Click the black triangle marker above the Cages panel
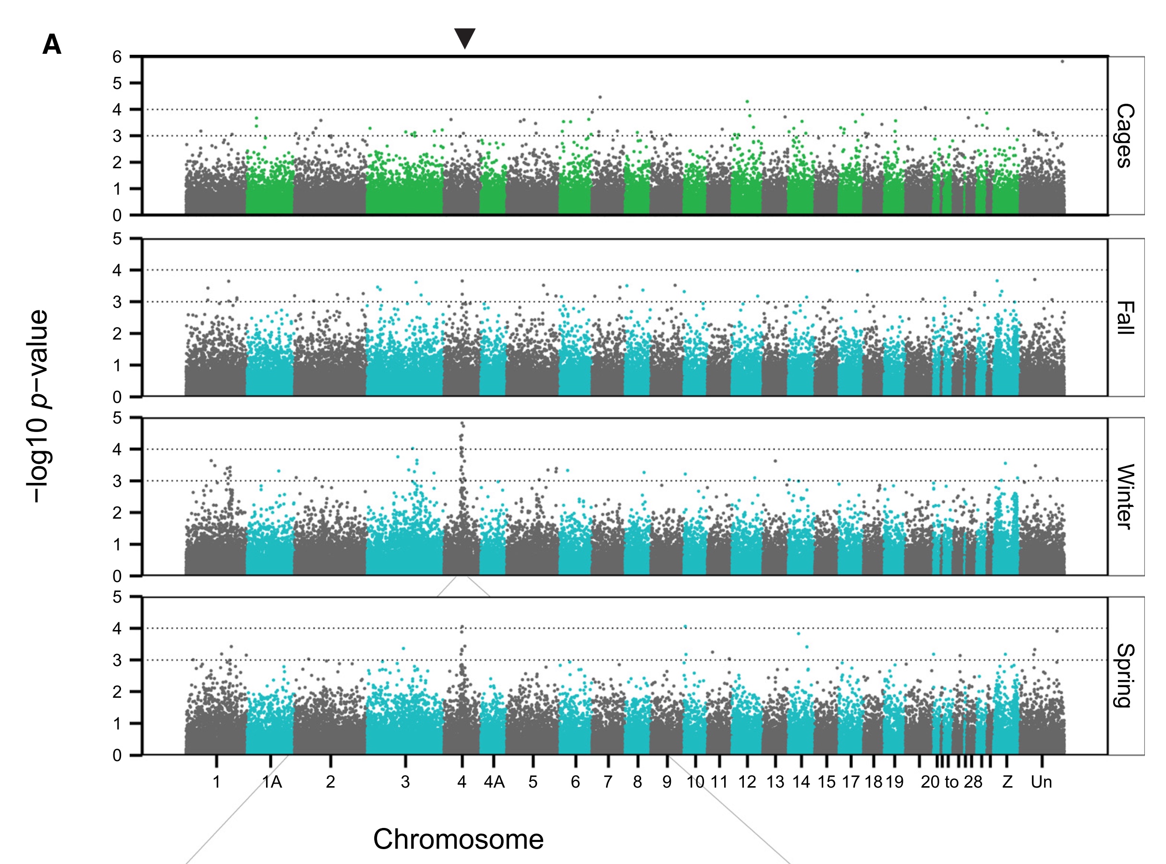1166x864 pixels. click(464, 38)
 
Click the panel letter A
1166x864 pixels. click(52, 45)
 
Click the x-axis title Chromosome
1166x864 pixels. click(458, 839)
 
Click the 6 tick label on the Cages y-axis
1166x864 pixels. click(117, 57)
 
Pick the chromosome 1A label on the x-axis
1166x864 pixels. click(272, 782)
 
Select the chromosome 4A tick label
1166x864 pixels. click(494, 782)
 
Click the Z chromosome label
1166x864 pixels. click(1007, 782)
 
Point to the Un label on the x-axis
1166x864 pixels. click(1041, 782)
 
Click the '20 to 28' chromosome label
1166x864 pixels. click(951, 782)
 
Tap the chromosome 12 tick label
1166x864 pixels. click(747, 782)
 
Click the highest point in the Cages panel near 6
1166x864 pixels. click(1062, 62)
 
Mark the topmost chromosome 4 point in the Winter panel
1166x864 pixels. click(462, 423)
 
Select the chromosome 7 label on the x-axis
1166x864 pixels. click(608, 782)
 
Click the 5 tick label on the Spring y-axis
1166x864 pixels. click(117, 597)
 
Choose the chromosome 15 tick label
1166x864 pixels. click(826, 782)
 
